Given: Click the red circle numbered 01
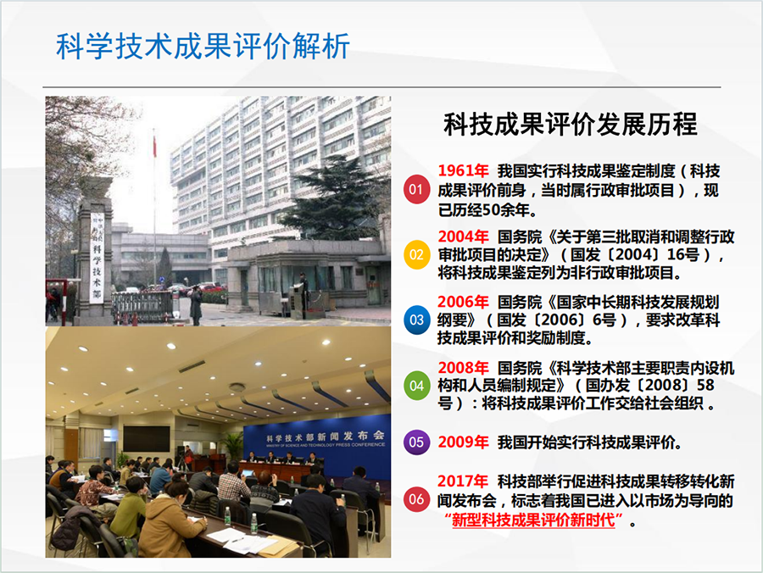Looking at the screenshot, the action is [x=416, y=189].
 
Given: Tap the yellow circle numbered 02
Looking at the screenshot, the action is [x=416, y=255].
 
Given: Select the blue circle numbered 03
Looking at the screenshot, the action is [x=416, y=320].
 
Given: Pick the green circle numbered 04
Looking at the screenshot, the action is [x=416, y=387].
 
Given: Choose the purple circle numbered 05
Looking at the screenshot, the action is [x=416, y=442].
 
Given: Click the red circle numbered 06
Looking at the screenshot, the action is [x=416, y=499].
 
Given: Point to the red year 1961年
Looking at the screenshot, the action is [x=463, y=171].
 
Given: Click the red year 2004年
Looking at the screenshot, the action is [x=463, y=236].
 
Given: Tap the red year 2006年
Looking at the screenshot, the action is [x=463, y=302].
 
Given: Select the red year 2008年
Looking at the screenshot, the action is [x=463, y=368].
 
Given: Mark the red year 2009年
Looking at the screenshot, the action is [x=463, y=442].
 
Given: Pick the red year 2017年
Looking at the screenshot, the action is [x=463, y=481].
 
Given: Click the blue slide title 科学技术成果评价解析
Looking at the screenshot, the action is [x=203, y=47].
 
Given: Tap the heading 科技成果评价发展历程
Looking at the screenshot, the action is [x=571, y=124].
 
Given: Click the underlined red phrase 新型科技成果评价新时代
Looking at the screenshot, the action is [x=534, y=520].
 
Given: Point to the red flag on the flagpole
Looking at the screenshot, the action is [x=155, y=147].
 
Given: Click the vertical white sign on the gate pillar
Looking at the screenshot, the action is [x=97, y=258].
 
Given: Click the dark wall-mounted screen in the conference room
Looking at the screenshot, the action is [x=147, y=439].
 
